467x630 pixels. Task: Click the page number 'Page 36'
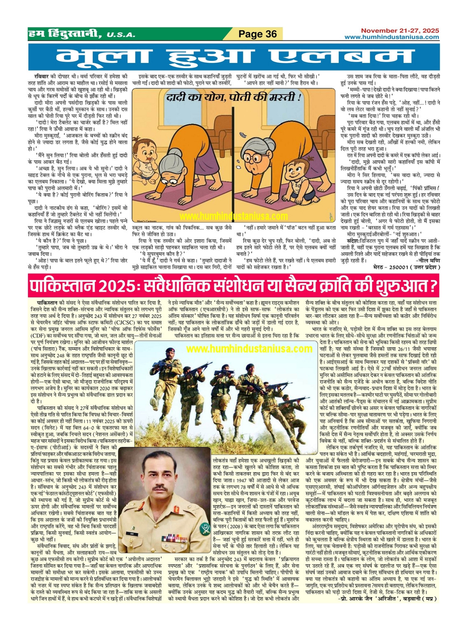(258, 34)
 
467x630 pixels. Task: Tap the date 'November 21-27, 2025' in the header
(400, 30)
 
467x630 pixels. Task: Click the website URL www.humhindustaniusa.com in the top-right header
(392, 37)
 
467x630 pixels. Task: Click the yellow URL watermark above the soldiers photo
(249, 349)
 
